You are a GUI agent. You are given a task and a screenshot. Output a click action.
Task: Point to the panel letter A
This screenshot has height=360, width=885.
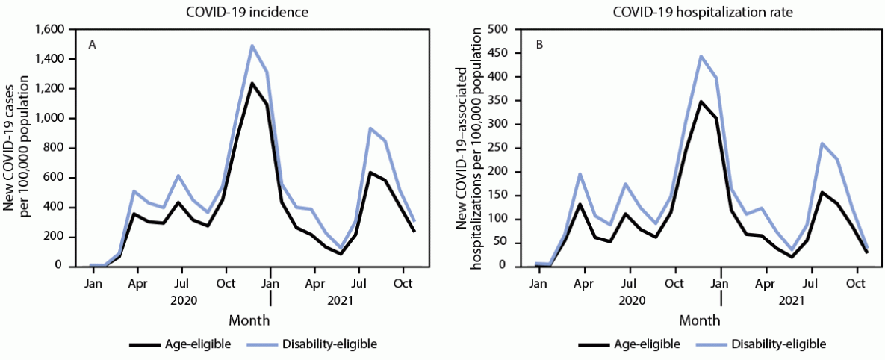93,45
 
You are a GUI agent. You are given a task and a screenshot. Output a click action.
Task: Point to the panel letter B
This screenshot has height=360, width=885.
539,45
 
